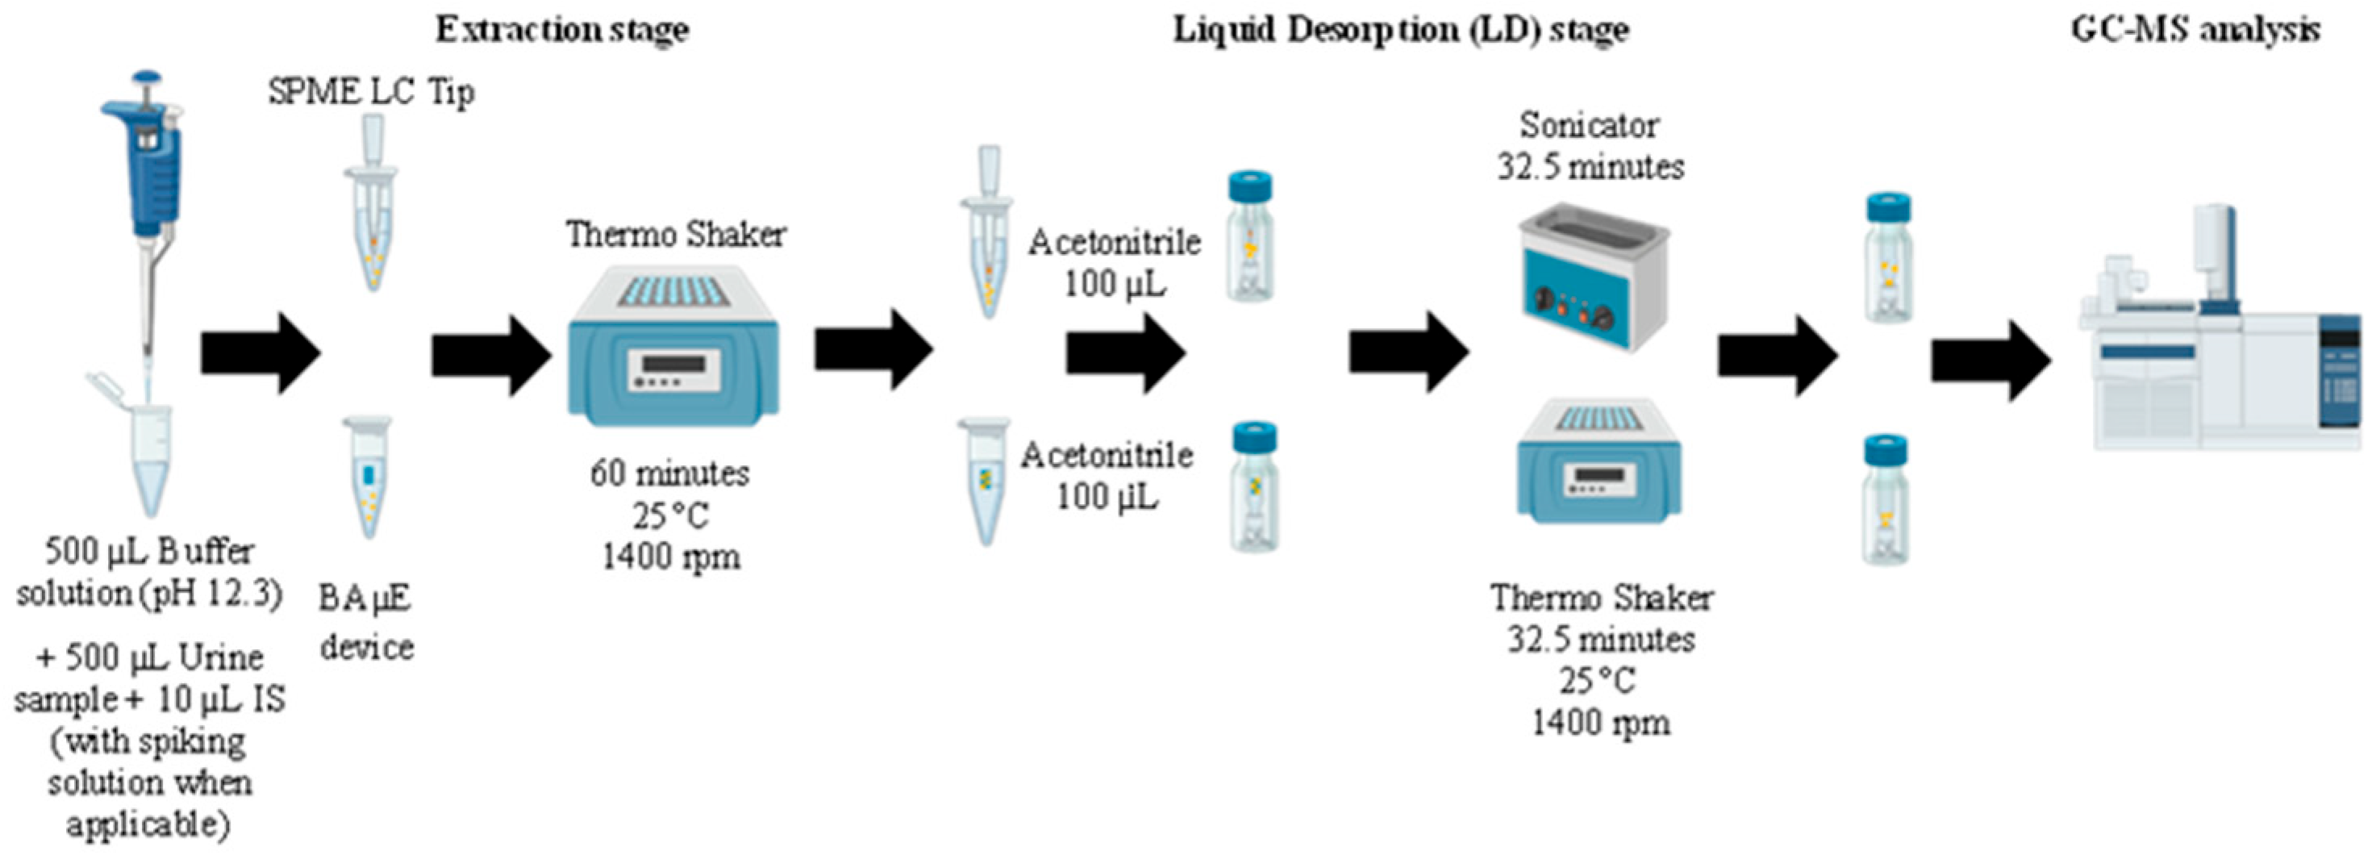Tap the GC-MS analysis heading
tap(2195, 30)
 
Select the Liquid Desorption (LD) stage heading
tap(1400, 30)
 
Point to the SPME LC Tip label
tap(372, 91)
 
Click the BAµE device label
tap(366, 623)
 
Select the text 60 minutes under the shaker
tap(669, 473)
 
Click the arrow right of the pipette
tap(261, 353)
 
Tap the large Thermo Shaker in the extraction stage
tap(673, 346)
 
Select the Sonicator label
tap(1588, 124)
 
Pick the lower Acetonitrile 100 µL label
tap(1106, 475)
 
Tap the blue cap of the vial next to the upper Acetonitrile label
tap(1250, 185)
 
